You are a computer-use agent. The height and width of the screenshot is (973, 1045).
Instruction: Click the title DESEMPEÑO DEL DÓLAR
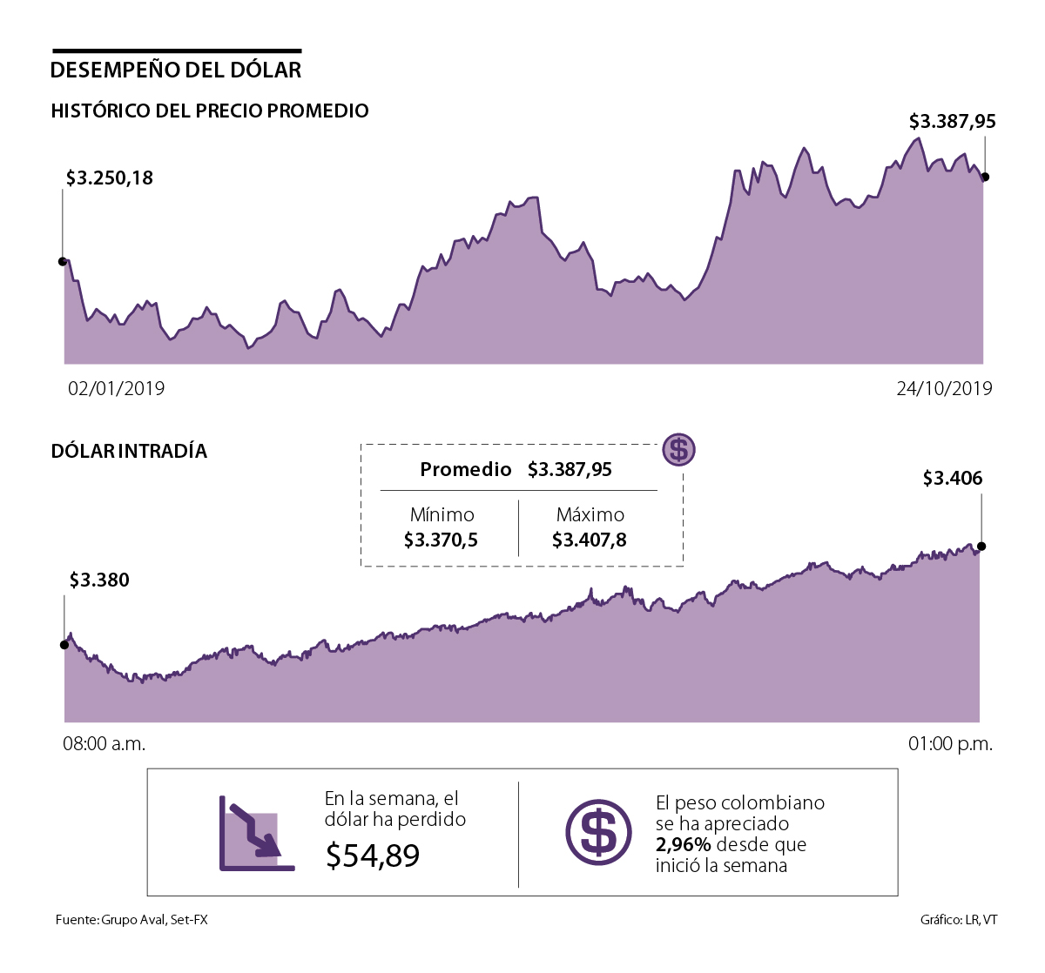[176, 70]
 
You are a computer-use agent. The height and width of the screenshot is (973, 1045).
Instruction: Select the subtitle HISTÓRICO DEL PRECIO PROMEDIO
[210, 111]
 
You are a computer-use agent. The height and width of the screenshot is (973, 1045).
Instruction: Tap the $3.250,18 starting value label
[110, 178]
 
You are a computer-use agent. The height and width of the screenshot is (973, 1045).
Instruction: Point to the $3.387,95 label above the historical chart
[952, 122]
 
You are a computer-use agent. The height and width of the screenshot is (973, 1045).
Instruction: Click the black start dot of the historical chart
[63, 261]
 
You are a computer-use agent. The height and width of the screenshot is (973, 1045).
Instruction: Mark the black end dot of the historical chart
[985, 178]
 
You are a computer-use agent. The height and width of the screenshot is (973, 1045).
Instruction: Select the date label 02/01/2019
[117, 388]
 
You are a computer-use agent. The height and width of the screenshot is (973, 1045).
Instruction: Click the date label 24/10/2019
[944, 388]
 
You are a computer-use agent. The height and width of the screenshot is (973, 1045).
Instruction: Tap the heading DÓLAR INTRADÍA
[129, 451]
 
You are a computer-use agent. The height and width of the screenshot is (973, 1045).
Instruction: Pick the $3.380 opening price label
[99, 580]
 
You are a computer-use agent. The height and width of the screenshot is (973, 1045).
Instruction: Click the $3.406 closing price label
[953, 479]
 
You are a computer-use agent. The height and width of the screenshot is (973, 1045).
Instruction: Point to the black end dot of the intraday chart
[981, 547]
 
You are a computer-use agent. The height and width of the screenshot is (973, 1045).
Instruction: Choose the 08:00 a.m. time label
[104, 744]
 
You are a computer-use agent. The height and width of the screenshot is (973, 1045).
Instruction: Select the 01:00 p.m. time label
[950, 744]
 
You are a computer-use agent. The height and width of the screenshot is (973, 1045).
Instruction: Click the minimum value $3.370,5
[442, 540]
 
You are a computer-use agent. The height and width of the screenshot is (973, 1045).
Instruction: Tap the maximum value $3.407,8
[590, 540]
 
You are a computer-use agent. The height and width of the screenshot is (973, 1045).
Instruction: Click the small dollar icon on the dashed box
[679, 450]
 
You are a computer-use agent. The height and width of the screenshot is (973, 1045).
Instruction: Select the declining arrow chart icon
[256, 834]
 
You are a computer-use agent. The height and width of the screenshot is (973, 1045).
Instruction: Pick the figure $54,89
[373, 856]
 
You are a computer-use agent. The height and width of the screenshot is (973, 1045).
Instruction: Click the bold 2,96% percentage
[684, 845]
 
